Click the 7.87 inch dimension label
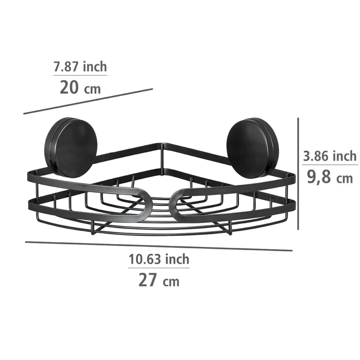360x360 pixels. click(x=80, y=66)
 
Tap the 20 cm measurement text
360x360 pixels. click(x=80, y=88)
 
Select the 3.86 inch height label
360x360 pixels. click(x=330, y=156)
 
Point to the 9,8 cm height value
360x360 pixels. click(x=330, y=177)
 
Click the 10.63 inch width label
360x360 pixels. click(x=159, y=259)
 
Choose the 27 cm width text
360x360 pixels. click(x=159, y=280)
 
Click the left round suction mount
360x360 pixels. click(x=72, y=148)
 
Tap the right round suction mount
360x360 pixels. click(x=252, y=148)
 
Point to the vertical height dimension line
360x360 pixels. click(x=298, y=174)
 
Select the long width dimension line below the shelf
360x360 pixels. click(x=159, y=246)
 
